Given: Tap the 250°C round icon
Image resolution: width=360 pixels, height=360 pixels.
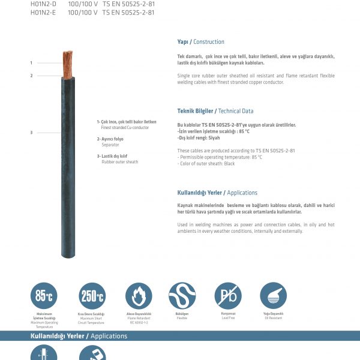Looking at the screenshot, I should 92,296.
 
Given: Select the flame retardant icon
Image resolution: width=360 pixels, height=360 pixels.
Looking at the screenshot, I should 139,296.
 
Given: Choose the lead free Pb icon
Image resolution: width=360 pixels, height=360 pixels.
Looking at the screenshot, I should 228,296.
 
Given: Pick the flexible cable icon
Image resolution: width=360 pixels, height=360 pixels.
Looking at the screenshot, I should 182,296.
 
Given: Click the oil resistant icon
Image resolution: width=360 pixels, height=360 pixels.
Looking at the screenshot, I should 274,296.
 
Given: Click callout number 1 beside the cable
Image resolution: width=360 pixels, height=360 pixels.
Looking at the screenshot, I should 31,62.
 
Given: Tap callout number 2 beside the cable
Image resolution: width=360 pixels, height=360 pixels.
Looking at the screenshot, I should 31,76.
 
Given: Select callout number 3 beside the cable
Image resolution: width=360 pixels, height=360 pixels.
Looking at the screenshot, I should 31,133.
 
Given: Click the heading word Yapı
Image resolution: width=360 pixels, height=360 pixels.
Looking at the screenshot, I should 183,42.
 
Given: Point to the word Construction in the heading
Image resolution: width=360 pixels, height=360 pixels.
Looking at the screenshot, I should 209,42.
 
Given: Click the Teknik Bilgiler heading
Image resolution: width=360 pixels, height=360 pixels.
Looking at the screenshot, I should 195,111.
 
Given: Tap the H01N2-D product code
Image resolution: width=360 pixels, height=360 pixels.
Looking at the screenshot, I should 43,3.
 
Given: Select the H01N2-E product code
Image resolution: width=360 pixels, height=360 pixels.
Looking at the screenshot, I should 43,11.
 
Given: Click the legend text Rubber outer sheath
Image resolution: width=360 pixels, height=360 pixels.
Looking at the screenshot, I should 119,162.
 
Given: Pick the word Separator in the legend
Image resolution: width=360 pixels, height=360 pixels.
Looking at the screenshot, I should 110,145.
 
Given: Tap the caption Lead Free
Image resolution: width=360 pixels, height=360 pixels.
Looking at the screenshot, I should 228,317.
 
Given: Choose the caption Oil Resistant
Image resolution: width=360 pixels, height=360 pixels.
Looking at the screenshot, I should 274,317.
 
